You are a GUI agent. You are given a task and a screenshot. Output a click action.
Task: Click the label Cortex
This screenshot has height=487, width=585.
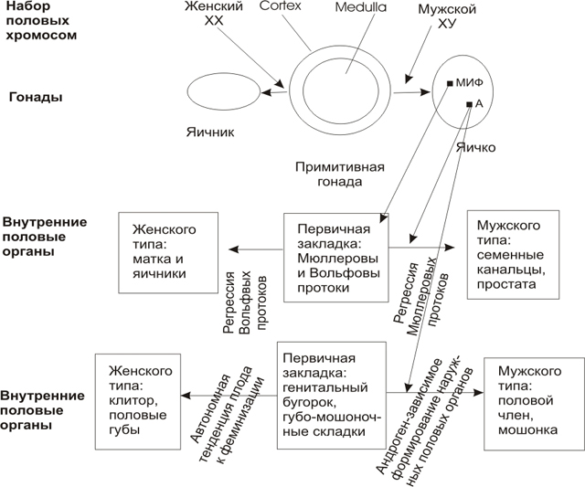point(280,6)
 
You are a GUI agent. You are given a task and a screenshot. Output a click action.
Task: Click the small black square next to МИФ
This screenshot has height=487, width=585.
point(451,84)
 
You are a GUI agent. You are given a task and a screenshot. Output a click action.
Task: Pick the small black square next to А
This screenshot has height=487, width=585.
point(469,105)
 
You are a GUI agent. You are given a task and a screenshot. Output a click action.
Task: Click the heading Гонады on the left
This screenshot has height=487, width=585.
point(36,95)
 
